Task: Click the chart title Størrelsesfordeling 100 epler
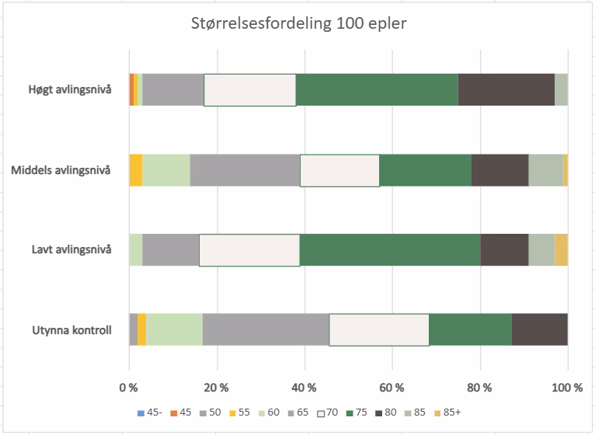tap(297, 23)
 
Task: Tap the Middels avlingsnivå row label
tap(61, 170)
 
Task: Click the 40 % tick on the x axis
tap(304, 387)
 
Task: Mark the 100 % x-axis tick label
tap(567, 387)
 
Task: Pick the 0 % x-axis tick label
tap(128, 387)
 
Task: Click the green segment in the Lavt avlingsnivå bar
tap(390, 250)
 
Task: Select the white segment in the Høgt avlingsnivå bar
tap(249, 90)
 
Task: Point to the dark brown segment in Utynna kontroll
tap(539, 330)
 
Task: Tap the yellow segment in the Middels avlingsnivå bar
tap(135, 170)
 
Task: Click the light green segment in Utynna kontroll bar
tap(174, 330)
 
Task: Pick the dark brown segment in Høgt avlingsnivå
tap(506, 90)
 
